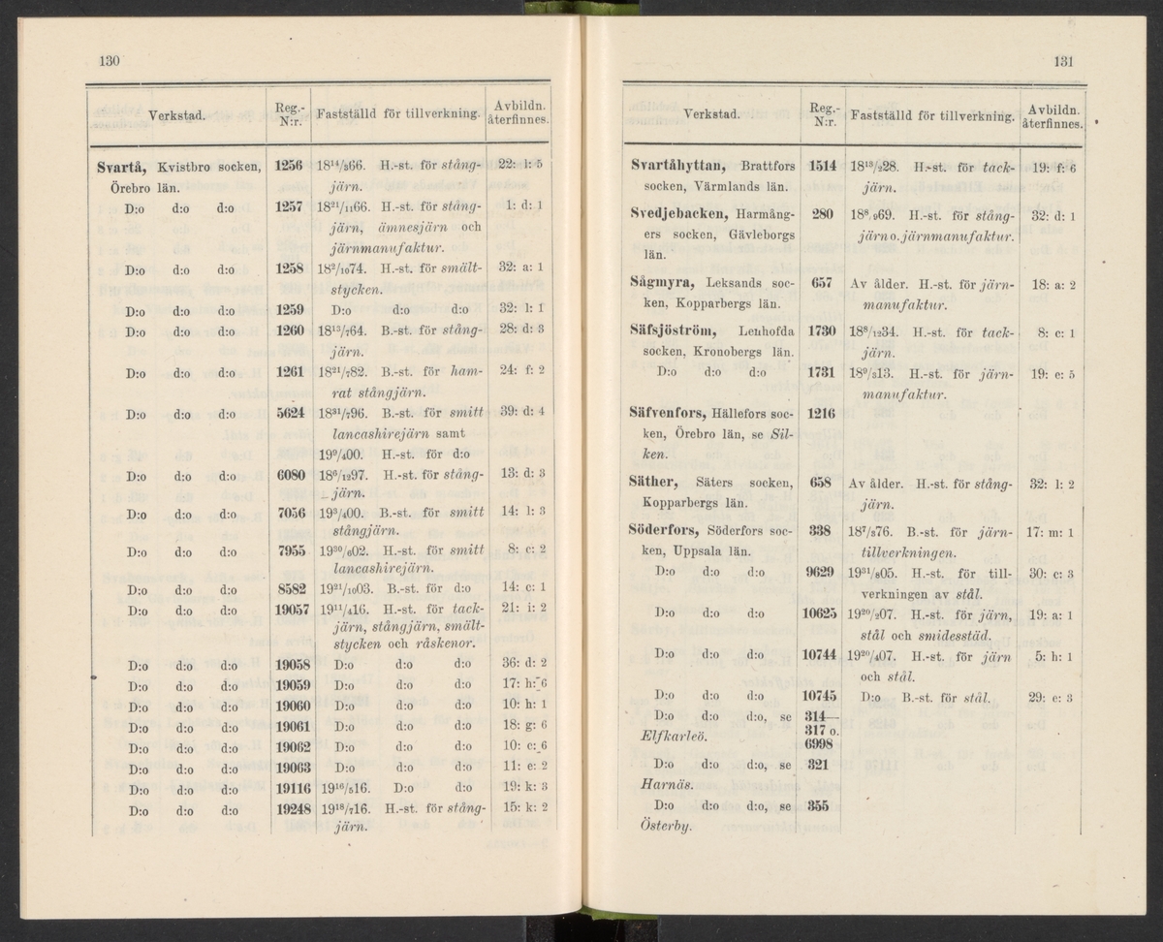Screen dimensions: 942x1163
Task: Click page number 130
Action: click(x=107, y=62)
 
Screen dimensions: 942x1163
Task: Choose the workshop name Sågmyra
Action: click(x=659, y=285)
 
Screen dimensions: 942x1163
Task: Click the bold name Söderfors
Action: click(x=666, y=529)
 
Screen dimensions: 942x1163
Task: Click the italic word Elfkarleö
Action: click(x=667, y=734)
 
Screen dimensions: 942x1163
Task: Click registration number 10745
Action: click(x=819, y=696)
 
